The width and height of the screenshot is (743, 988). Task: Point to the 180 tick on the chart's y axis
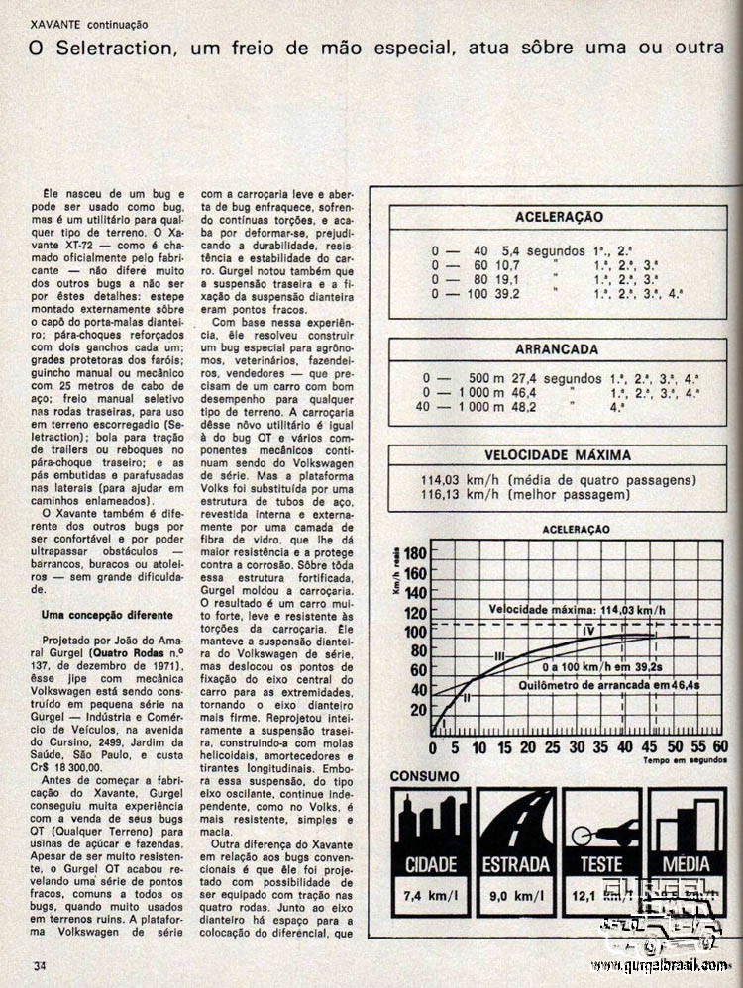point(417,554)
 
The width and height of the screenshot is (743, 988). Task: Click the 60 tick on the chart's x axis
point(720,746)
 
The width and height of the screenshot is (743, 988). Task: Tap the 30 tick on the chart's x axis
point(576,746)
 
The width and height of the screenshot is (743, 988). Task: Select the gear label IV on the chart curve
point(587,632)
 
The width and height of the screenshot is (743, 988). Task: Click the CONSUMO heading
point(423,776)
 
